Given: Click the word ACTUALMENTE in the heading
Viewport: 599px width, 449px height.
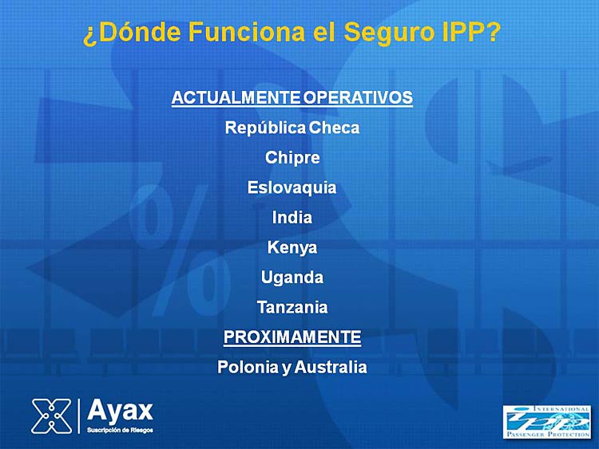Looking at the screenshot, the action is [x=236, y=97].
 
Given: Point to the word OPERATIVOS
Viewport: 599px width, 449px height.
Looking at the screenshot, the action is [x=358, y=97].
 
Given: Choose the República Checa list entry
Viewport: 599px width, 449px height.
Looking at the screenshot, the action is [x=292, y=128].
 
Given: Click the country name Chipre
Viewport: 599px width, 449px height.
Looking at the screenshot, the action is [x=292, y=158].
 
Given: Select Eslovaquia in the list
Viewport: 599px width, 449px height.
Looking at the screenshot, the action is [x=292, y=187].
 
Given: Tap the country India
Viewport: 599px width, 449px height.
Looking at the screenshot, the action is [x=292, y=218].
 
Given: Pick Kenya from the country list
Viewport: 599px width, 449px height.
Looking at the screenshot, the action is [x=292, y=247].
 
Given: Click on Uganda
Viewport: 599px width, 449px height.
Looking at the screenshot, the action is [x=292, y=278].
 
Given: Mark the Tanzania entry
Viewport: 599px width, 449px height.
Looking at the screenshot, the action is [x=292, y=308].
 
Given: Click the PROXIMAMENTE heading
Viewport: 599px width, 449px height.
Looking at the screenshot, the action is [x=292, y=337].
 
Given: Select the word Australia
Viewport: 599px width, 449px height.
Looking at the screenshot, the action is [x=331, y=368].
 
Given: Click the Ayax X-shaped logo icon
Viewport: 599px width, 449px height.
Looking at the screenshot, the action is [x=52, y=416].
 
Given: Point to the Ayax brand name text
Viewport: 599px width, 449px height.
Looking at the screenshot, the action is [x=120, y=411].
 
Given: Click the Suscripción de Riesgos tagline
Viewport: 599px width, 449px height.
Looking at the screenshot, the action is [x=120, y=431].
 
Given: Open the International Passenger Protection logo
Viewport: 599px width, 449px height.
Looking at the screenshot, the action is [x=546, y=422].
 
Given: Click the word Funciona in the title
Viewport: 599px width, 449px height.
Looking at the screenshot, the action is [x=247, y=32].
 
